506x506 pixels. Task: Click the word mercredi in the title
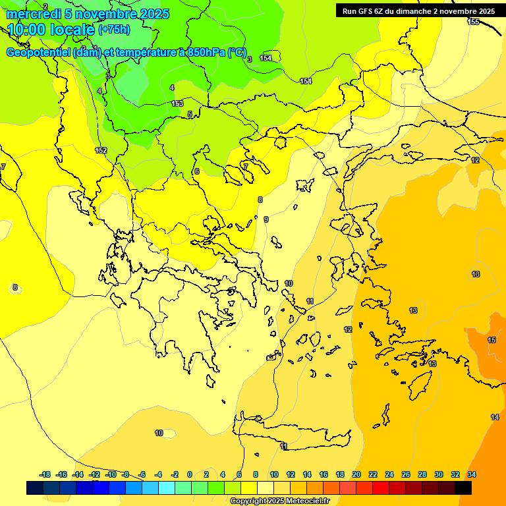tap(34, 14)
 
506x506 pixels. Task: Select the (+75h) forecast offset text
tap(114, 30)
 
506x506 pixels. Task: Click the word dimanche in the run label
tap(409, 11)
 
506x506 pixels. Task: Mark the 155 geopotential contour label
tap(473, 22)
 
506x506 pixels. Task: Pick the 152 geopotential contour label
tap(101, 151)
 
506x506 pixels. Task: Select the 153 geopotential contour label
tap(177, 103)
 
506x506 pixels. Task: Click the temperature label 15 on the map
tap(492, 340)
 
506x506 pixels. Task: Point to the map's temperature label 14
tap(495, 417)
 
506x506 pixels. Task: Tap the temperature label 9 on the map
tap(266, 219)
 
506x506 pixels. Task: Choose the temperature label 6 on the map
tap(196, 171)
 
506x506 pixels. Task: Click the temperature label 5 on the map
tap(190, 114)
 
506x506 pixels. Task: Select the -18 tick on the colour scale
tap(45, 474)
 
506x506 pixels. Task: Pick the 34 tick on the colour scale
tap(472, 474)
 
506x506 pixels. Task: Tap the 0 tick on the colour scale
tap(189, 474)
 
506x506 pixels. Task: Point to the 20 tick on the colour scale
tap(356, 474)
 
